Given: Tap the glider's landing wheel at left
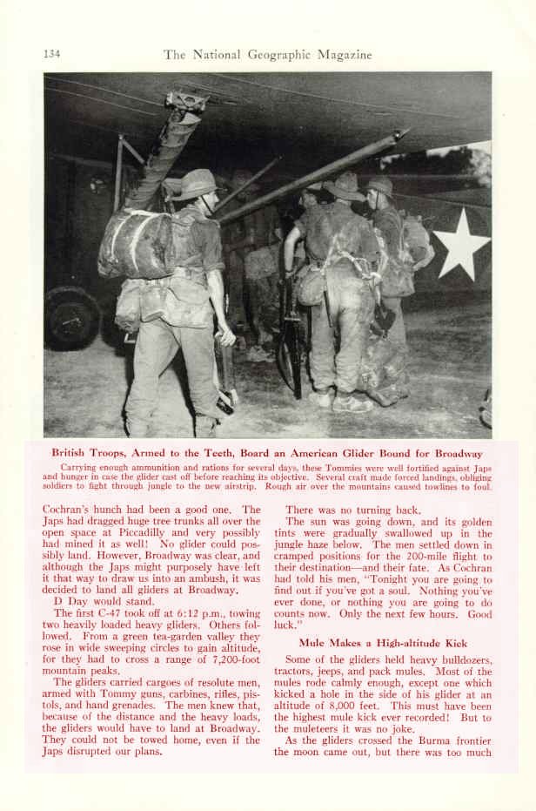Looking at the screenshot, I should (x=71, y=317).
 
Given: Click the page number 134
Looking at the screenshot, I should (x=51, y=54).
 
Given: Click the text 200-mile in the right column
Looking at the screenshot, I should (x=427, y=544).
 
